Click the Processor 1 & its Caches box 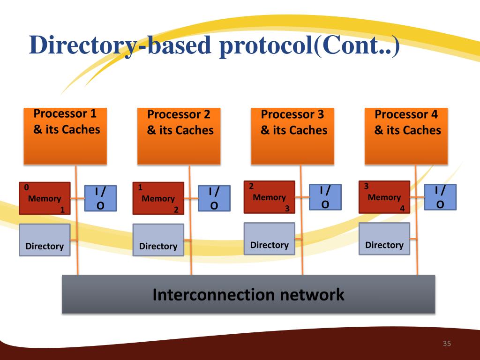[65, 136]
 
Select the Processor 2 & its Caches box [179, 136]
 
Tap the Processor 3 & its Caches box [292, 136]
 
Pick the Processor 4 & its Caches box [406, 136]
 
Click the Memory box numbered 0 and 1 [45, 198]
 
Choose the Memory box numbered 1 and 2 [158, 198]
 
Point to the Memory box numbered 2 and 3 [269, 197]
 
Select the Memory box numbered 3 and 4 [384, 197]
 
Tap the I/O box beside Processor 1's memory [100, 198]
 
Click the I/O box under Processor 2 [214, 198]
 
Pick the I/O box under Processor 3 [325, 197]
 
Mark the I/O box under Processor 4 [440, 197]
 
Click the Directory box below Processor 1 [45, 240]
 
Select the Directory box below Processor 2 [158, 240]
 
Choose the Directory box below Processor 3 [269, 239]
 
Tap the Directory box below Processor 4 [384, 239]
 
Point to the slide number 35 [446, 345]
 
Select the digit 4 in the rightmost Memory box [402, 209]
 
